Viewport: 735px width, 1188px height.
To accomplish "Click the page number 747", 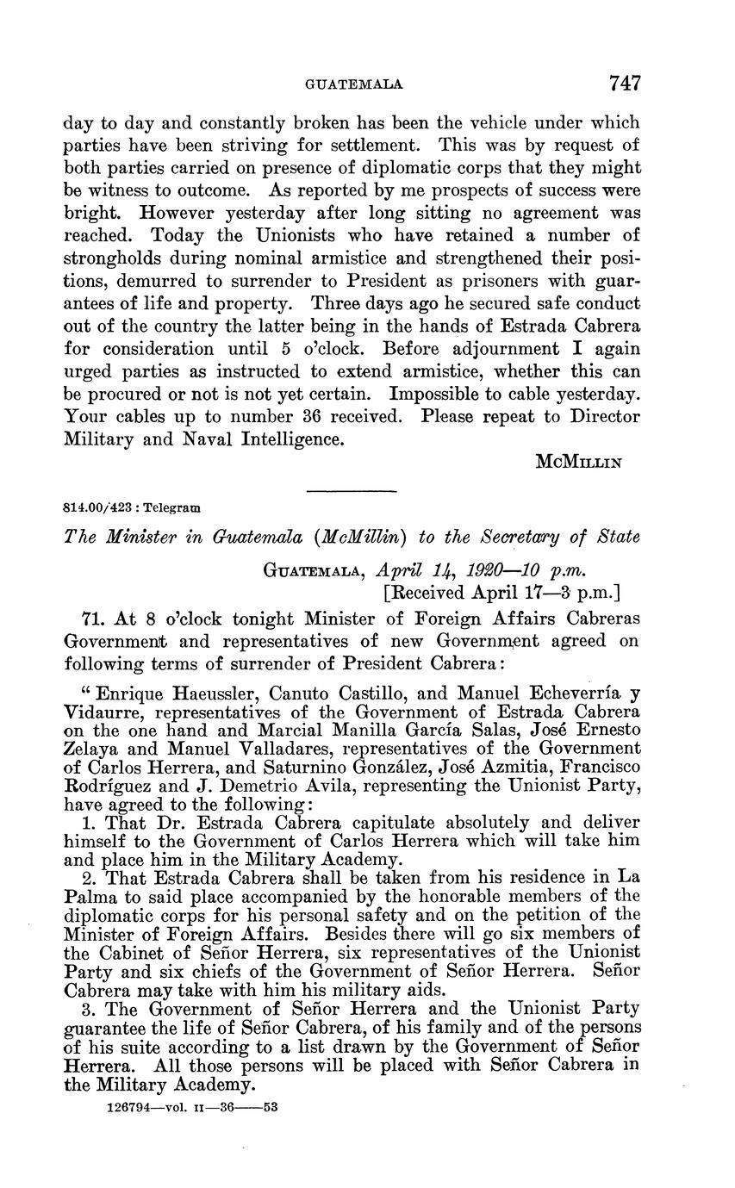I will (625, 84).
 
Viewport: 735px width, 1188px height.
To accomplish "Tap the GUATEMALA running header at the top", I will (355, 85).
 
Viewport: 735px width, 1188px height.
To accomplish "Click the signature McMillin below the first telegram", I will (579, 461).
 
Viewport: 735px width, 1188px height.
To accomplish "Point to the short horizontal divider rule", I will (351, 491).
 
